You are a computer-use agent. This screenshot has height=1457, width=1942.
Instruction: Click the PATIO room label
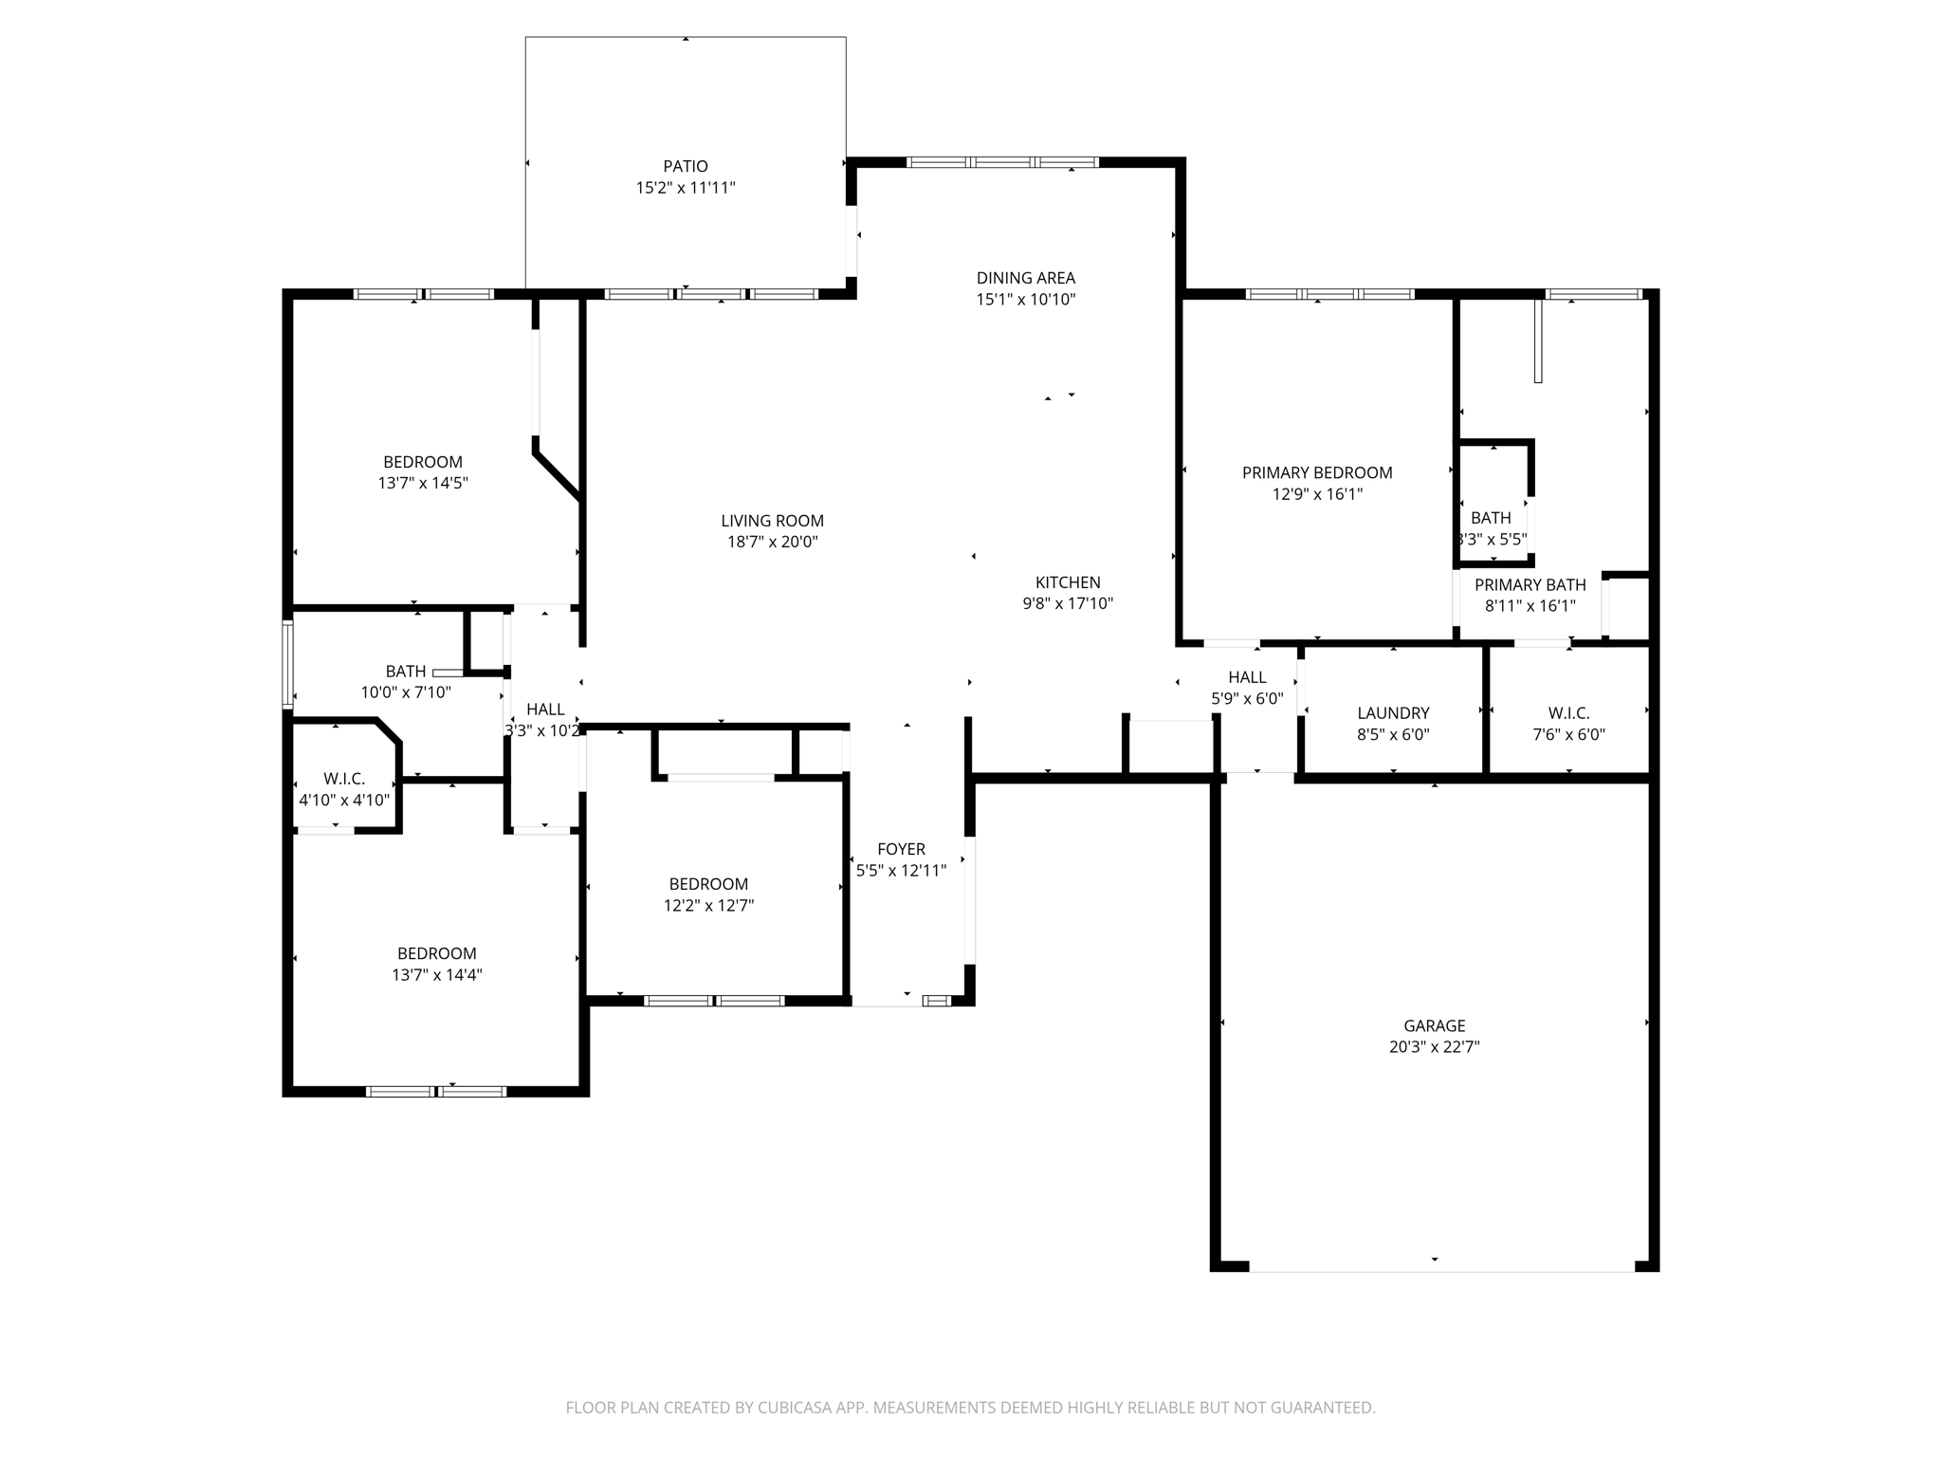[685, 167]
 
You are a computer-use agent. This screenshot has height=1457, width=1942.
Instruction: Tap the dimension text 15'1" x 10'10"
[1026, 300]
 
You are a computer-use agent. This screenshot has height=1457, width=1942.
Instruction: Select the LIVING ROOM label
[772, 521]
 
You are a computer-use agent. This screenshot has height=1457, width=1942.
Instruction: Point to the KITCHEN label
[1068, 582]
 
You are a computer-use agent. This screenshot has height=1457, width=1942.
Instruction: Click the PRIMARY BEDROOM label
[1317, 472]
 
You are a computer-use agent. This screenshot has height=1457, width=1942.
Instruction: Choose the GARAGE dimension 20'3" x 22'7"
[1434, 1047]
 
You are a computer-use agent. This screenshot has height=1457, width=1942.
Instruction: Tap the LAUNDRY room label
[1393, 713]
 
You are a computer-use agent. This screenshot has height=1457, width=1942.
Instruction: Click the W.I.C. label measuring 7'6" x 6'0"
[1568, 713]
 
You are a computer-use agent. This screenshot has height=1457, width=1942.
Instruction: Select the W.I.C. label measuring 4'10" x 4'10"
[344, 779]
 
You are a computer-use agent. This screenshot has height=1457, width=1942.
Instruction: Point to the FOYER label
[901, 849]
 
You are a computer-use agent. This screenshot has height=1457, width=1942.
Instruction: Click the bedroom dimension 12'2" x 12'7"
[708, 905]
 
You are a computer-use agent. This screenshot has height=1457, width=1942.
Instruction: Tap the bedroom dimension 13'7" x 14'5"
[423, 483]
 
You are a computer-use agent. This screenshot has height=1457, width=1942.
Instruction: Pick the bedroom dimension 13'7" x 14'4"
[437, 974]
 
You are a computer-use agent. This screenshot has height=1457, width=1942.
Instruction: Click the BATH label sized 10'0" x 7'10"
[405, 672]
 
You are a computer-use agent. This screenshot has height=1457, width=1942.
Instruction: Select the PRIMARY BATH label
[1530, 585]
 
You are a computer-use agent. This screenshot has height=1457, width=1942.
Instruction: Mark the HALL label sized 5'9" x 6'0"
[1247, 677]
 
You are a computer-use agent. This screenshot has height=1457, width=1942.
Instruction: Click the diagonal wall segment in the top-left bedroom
[558, 473]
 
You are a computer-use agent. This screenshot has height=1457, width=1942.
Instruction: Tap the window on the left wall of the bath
[287, 664]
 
